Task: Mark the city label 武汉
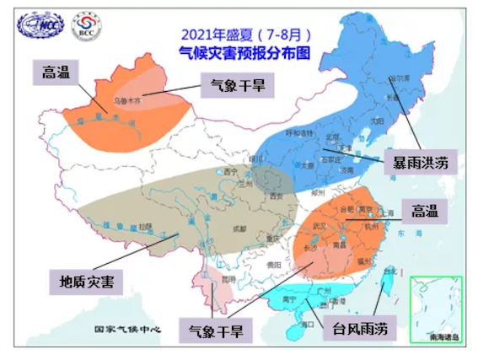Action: pos(320,225)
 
